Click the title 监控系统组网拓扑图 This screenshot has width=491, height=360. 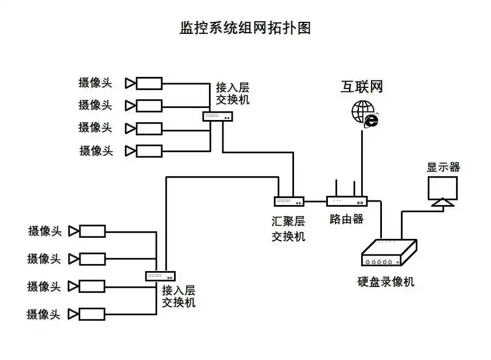(x=245, y=28)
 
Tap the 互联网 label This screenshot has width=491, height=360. (x=361, y=87)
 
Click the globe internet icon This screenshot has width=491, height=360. (x=364, y=113)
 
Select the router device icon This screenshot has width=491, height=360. (x=346, y=202)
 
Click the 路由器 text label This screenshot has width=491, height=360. (x=346, y=219)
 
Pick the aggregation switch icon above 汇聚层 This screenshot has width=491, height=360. (x=289, y=202)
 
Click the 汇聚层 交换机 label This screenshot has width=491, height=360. (x=288, y=229)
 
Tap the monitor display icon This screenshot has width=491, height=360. (x=443, y=191)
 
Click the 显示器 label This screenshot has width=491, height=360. (x=443, y=167)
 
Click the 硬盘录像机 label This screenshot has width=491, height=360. (x=385, y=282)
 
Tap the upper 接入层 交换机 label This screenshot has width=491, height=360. (x=233, y=93)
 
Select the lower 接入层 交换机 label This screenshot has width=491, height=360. (x=179, y=296)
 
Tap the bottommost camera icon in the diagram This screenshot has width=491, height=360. (x=87, y=314)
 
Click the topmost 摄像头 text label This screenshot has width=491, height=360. (x=95, y=83)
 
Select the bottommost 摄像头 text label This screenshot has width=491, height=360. (x=44, y=314)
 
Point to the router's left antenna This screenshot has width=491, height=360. (x=336, y=189)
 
